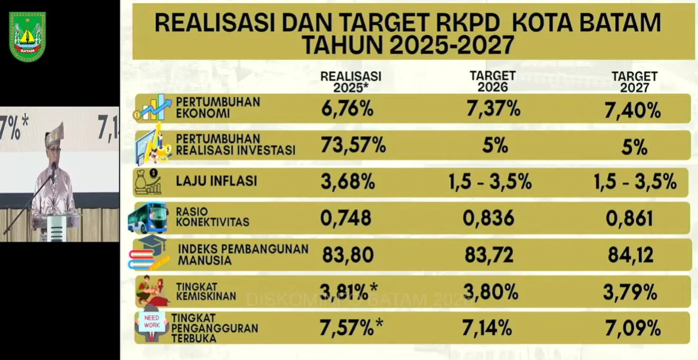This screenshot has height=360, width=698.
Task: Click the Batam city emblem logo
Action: point(27,36)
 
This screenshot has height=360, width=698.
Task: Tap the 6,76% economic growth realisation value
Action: point(347,109)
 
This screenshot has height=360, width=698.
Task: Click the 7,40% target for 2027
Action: point(634,110)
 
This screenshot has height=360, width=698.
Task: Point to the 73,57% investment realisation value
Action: point(353,145)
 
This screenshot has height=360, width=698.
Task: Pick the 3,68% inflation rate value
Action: point(347,181)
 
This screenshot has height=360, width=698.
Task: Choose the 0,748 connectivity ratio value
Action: point(346,219)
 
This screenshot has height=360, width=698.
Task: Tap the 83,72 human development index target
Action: point(489,256)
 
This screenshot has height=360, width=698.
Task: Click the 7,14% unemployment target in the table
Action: point(487,328)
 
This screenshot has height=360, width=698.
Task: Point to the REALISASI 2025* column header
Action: point(350,82)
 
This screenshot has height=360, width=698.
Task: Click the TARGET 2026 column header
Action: point(493,81)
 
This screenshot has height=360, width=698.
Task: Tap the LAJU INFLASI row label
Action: point(216,181)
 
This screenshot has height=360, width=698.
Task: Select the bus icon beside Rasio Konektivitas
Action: point(148,218)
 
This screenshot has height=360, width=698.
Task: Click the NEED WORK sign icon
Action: point(152,322)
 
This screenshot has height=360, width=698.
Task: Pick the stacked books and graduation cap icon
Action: point(149,254)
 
